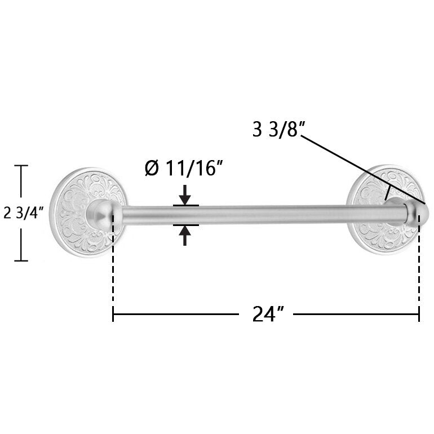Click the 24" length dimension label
[x=267, y=315]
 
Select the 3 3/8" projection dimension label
[x=278, y=130]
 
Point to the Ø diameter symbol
[x=152, y=168]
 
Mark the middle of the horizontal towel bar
[x=265, y=215]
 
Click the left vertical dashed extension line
[x=113, y=265]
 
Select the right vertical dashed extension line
[x=419, y=265]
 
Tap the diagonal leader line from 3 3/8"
[x=361, y=169]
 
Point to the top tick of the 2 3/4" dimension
[x=21, y=166]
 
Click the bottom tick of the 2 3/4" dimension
[x=21, y=260]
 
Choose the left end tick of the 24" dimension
[x=113, y=315]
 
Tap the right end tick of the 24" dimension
[x=419, y=315]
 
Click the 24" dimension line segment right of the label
[x=355, y=315]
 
